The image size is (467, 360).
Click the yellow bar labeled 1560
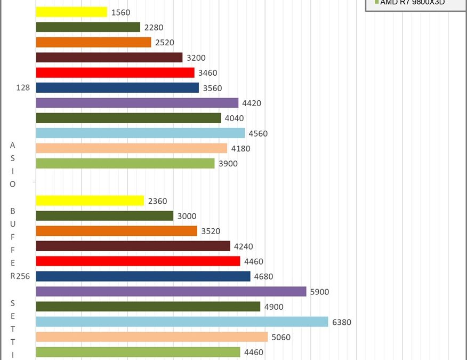coord(71,12)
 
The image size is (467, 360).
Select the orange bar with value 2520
coord(93,42)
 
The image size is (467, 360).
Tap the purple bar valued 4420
coord(137,103)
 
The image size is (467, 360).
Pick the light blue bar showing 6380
coord(182,322)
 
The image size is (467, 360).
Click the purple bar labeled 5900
coord(171,292)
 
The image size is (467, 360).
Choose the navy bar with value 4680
coord(143,276)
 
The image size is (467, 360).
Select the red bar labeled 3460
coord(115,73)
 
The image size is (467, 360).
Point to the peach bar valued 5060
coord(151,337)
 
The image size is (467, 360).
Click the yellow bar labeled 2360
coord(90,201)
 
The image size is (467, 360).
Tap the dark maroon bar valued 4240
coord(133,246)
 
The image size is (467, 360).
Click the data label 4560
coord(259,133)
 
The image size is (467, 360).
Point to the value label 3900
coord(228,164)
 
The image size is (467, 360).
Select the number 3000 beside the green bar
coord(187,216)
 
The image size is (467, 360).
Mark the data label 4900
coord(274,307)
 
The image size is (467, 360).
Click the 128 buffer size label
coord(23,88)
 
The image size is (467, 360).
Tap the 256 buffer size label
coord(22,276)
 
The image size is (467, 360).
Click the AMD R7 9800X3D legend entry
coord(412,3)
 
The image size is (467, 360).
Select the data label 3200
coord(196,58)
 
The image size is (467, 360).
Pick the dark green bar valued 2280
coord(88,27)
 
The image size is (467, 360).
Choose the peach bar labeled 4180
coord(131,148)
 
